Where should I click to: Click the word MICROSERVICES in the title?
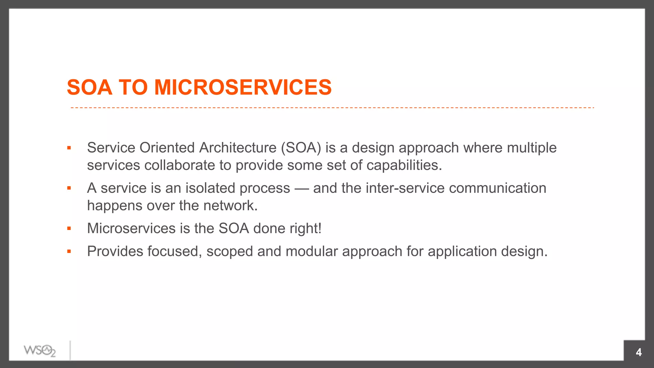(243, 87)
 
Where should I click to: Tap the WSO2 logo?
(40, 351)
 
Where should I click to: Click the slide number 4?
(638, 352)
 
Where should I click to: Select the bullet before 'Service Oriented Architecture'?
(69, 148)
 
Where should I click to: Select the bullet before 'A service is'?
(69, 188)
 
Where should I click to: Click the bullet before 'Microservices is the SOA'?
(69, 228)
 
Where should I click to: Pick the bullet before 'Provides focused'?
(69, 251)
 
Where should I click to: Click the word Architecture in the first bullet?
(238, 148)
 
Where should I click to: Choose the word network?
(230, 206)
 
